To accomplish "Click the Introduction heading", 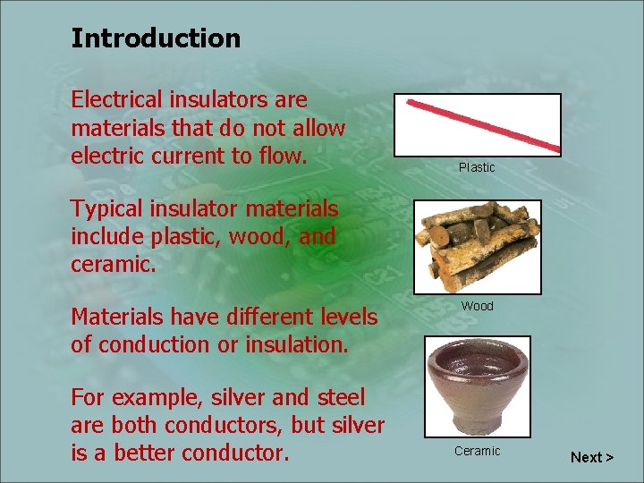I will [156, 38].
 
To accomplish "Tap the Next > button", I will [592, 457].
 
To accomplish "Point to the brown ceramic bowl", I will [477, 386].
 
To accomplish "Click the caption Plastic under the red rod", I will [477, 167].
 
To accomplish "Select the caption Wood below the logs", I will [477, 306].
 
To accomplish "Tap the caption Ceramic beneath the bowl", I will [477, 451].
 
